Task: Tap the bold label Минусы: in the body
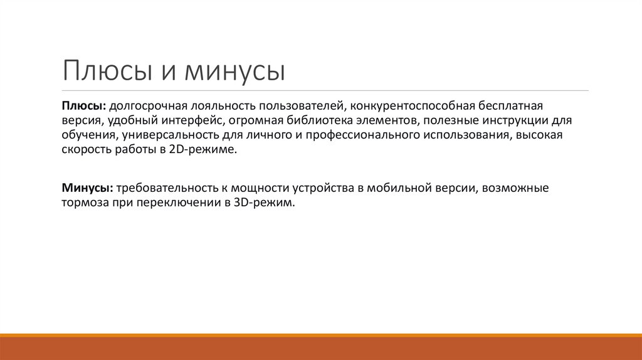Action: [x=87, y=188]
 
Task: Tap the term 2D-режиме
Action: [x=212, y=151]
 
